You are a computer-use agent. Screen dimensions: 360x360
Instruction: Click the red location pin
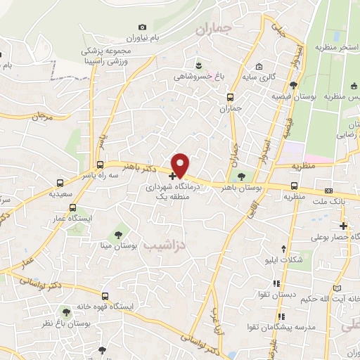pyautogui.click(x=181, y=165)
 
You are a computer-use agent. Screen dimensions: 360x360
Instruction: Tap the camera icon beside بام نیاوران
pyautogui.click(x=143, y=27)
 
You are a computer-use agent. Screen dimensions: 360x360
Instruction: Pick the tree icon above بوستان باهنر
pyautogui.click(x=242, y=176)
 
